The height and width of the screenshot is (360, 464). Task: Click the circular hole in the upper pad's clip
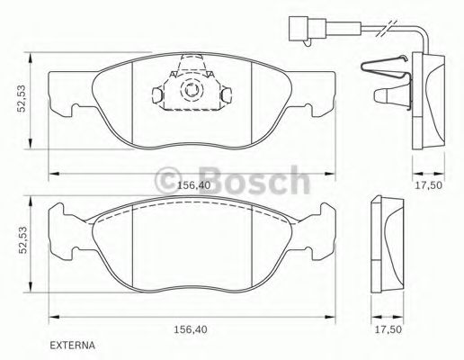[x=191, y=90]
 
